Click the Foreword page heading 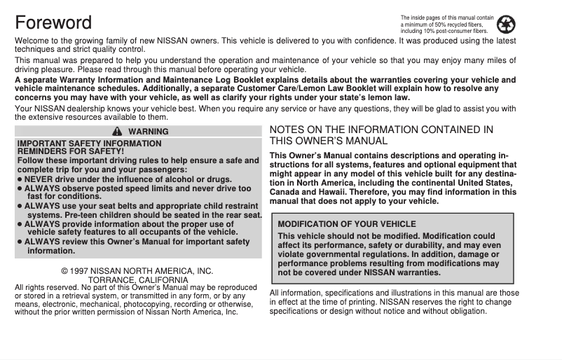pyautogui.click(x=53, y=23)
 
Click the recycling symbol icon pyautogui.click(x=505, y=25)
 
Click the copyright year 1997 pyautogui.click(x=80, y=271)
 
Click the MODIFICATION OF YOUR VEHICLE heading pyautogui.click(x=347, y=224)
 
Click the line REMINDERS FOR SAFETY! pyautogui.click(x=70, y=151)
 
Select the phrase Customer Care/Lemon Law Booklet pyautogui.click(x=392, y=89)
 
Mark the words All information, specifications pyautogui.click(x=322, y=293)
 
